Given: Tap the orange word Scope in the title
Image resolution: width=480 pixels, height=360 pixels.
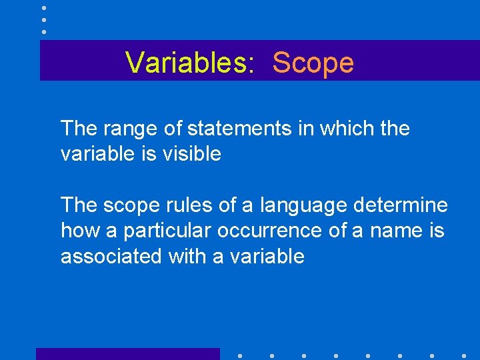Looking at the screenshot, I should pyautogui.click(x=313, y=63).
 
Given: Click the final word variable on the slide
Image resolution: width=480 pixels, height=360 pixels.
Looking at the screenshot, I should pyautogui.click(x=271, y=257).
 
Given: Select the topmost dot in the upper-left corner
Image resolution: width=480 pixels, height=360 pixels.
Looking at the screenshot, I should pyautogui.click(x=44, y=7).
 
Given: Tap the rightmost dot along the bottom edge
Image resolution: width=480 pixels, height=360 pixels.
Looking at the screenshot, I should pyautogui.click(x=464, y=355).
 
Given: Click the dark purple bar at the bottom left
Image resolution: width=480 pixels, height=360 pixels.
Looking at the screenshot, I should pyautogui.click(x=127, y=354).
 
